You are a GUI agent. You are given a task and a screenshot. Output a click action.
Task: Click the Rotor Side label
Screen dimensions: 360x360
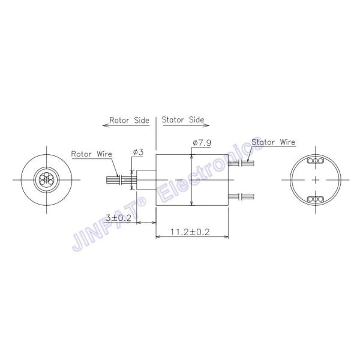[129, 120]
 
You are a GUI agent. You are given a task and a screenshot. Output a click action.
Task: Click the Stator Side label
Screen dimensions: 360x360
[184, 120]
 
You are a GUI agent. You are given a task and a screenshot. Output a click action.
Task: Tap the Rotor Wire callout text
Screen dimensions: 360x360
[92, 154]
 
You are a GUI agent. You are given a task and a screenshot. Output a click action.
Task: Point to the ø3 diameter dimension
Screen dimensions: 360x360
[138, 152]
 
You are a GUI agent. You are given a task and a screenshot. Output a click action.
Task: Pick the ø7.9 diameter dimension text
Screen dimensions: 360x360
[202, 143]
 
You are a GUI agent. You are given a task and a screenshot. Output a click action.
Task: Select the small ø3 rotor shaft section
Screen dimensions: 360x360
[146, 179]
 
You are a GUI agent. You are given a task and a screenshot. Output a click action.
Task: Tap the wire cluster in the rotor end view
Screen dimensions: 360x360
[46, 179]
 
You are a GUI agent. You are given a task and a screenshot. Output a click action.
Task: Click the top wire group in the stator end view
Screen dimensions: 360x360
[314, 161]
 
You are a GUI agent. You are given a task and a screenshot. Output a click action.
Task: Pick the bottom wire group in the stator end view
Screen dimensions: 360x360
[314, 199]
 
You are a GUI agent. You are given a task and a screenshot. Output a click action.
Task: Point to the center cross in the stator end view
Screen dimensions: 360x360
[314, 180]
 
